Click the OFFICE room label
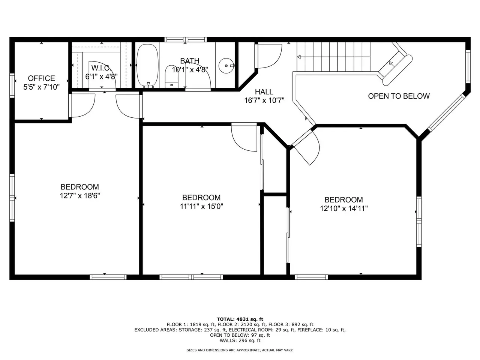[41, 78]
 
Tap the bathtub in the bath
[147, 65]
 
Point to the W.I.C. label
[101, 68]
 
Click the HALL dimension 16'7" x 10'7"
[264, 100]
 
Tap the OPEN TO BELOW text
[399, 96]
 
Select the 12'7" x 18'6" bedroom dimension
[80, 196]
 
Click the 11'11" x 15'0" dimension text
[201, 206]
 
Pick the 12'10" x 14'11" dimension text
[344, 208]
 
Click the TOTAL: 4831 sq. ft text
[240, 319]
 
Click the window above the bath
[186, 40]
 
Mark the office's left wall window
[12, 85]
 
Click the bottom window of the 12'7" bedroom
[108, 277]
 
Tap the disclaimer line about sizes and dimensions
[240, 350]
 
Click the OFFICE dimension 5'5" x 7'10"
[41, 87]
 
